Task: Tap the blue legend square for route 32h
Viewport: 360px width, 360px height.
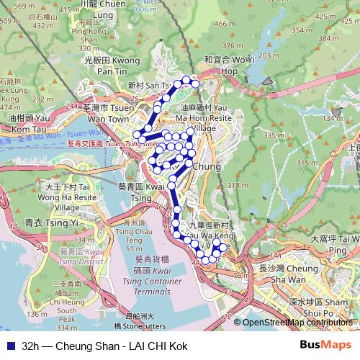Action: (11, 346)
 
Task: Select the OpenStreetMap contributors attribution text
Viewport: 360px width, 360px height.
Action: (297, 323)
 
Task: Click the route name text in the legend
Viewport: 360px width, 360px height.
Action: (104, 346)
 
